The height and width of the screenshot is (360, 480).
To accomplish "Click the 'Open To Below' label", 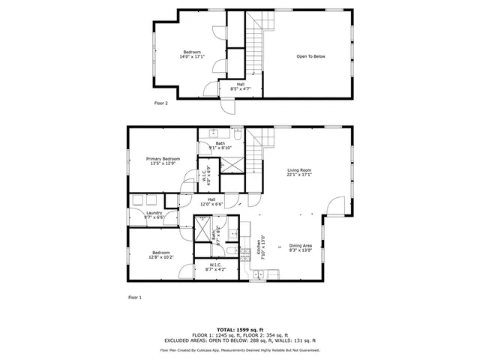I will point(310,56).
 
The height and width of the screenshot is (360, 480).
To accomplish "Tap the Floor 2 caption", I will point(160,103).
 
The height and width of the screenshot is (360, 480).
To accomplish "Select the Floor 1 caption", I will point(134,298).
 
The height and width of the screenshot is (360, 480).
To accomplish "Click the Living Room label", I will point(298,172).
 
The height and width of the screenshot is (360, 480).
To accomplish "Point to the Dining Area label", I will point(301,247).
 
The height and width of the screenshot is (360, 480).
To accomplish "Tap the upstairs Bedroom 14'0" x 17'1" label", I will point(192,54).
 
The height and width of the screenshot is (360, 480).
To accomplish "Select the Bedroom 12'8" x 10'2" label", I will point(162,254).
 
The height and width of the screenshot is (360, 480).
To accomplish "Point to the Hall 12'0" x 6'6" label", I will point(211,202).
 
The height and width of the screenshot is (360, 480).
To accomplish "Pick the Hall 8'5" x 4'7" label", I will point(240,86).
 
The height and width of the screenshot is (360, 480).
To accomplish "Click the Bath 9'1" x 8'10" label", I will point(220,145).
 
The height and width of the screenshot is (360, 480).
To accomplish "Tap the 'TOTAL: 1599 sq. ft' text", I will point(240,329).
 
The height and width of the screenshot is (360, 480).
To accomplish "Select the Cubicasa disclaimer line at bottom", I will point(240,349).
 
